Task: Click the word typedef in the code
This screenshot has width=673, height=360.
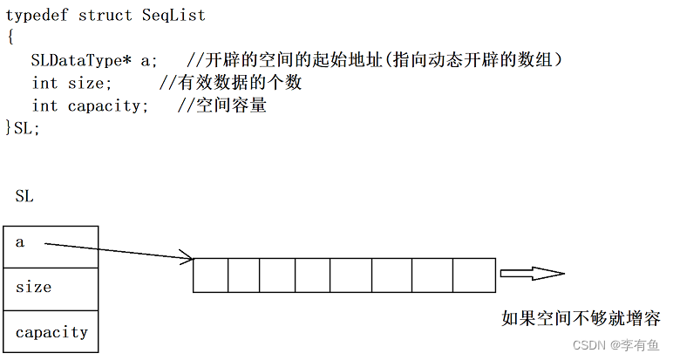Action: point(37,16)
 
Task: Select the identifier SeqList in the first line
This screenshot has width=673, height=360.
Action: point(173,16)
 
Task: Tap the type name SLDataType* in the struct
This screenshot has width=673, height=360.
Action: point(81,60)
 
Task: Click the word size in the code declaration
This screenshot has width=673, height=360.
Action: point(85,83)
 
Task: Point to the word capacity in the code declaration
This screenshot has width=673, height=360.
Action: point(104,106)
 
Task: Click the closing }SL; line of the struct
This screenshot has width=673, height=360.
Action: point(23,128)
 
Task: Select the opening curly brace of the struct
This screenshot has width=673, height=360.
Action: point(10,37)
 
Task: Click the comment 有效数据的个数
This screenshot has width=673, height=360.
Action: point(240,83)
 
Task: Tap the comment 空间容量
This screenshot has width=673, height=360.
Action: point(231,105)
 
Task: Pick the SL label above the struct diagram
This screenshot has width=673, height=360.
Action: point(24,196)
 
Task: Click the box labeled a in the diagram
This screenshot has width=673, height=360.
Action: point(51,248)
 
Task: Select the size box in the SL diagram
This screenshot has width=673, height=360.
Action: point(51,289)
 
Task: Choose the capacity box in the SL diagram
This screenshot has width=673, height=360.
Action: point(51,331)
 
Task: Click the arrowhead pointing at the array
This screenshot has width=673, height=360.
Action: point(188,256)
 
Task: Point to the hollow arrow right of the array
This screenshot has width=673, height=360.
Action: point(533,274)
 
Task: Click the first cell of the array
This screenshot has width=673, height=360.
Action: point(211,275)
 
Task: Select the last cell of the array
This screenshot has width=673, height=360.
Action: point(474,275)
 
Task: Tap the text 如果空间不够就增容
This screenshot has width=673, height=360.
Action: point(581,318)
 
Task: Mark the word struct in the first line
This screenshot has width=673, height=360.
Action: point(105,16)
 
